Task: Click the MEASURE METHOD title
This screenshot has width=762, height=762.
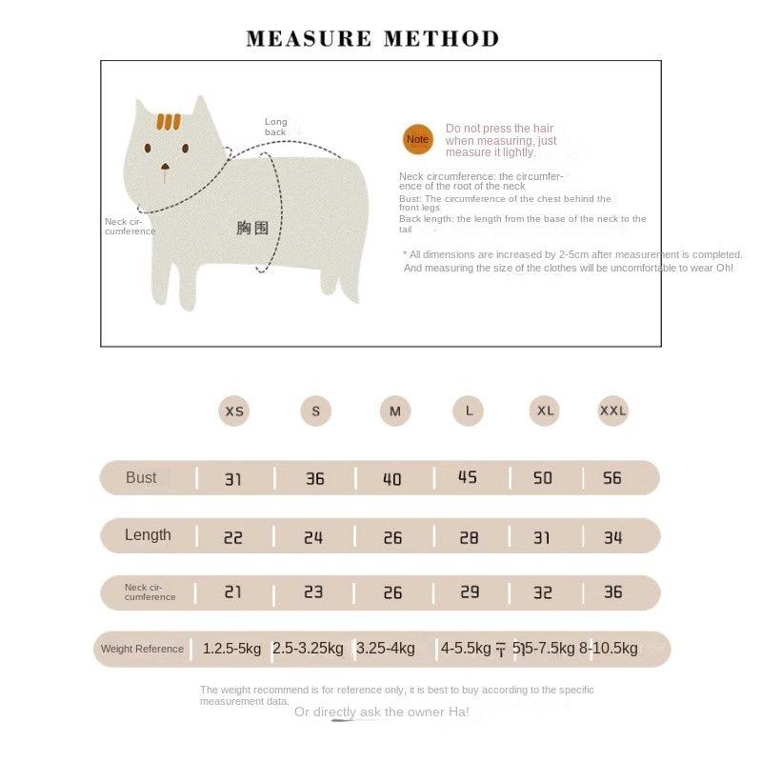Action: [x=372, y=39]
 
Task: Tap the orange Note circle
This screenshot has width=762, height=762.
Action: [x=417, y=139]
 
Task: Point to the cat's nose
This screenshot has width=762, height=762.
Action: [x=166, y=168]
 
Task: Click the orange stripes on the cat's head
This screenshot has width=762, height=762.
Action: [x=169, y=122]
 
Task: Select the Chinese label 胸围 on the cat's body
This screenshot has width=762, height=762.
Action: [x=252, y=228]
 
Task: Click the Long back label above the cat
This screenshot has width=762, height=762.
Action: [x=275, y=127]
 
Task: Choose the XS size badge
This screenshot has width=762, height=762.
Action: [x=233, y=411]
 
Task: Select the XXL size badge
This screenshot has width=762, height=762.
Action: [x=612, y=411]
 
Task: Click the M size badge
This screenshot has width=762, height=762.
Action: [x=394, y=411]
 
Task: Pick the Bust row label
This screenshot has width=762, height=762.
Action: [x=141, y=477]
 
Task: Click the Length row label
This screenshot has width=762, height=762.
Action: [x=148, y=535]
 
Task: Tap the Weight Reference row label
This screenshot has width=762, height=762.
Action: [x=142, y=649]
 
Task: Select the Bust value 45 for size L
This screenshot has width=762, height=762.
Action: [x=468, y=477]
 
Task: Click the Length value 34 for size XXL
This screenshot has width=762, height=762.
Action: [x=612, y=537]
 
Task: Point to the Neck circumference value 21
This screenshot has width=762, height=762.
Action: [x=232, y=592]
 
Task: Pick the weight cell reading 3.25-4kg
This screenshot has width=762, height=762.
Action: [x=385, y=649]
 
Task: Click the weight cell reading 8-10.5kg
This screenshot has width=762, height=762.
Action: [x=608, y=649]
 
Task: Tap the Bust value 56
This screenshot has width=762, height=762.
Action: [x=612, y=477]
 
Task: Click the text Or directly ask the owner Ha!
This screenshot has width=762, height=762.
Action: [x=381, y=712]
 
